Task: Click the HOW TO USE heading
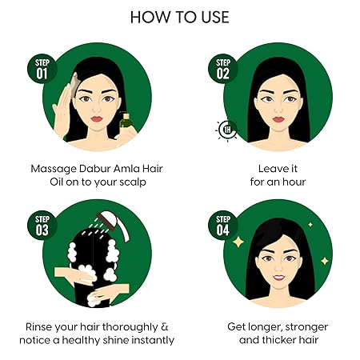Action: (x=179, y=17)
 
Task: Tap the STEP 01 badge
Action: (x=42, y=70)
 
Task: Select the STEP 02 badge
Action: (x=225, y=70)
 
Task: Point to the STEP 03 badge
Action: (x=42, y=226)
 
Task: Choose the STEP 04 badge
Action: (x=225, y=226)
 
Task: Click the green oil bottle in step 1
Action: (x=126, y=125)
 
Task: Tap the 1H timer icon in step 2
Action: (x=226, y=130)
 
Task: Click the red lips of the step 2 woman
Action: (x=277, y=120)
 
